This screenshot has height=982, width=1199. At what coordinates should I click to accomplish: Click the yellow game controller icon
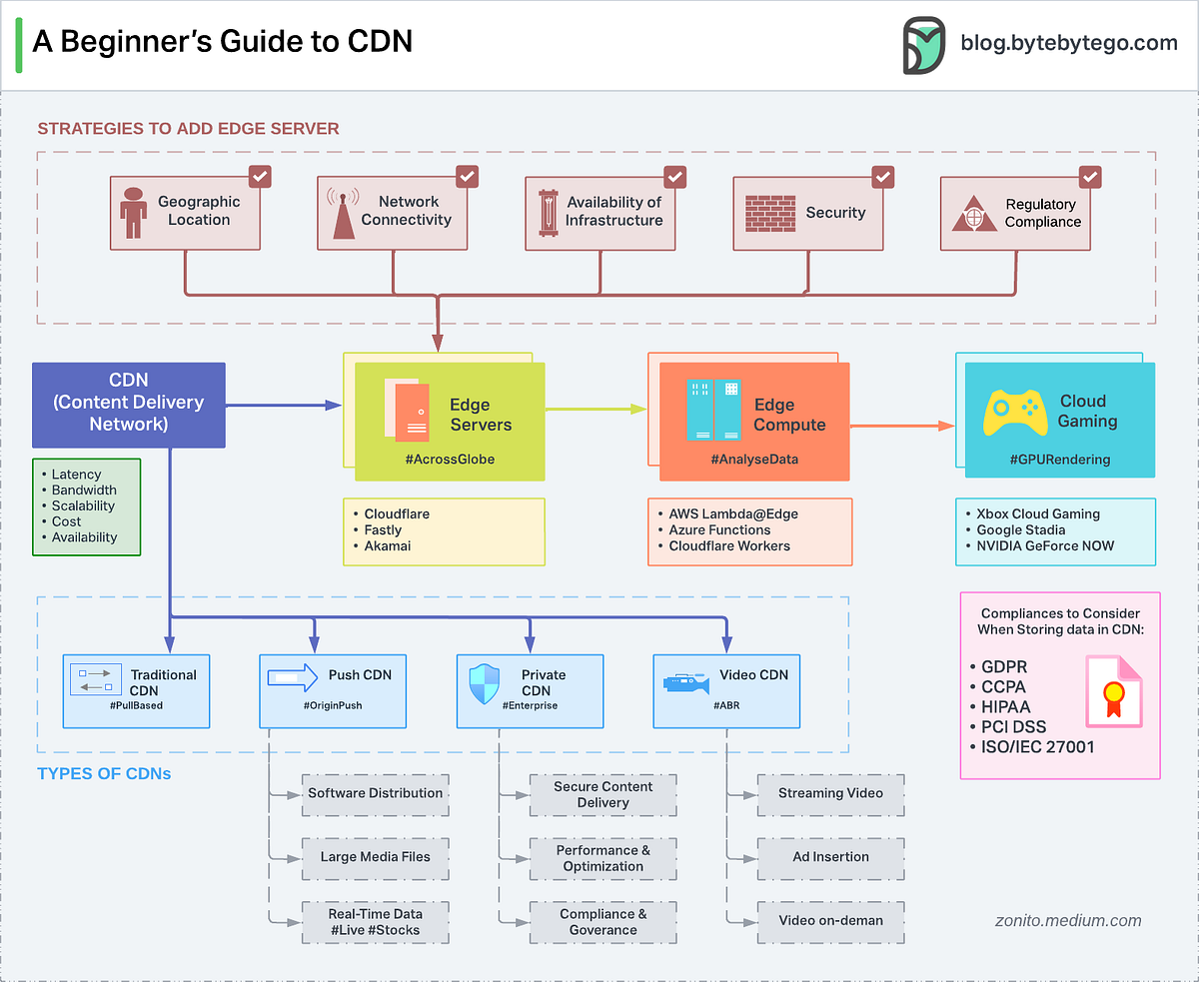pyautogui.click(x=1015, y=412)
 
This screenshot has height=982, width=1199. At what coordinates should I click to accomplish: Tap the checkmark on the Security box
pyautogui.click(x=882, y=177)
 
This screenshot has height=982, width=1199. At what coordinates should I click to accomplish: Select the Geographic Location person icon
pyautogui.click(x=133, y=213)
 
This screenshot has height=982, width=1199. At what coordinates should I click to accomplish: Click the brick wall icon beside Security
pyautogui.click(x=769, y=213)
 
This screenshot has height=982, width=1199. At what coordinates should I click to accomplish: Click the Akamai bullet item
pyautogui.click(x=388, y=546)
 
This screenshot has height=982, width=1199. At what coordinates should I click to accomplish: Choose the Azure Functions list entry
pyautogui.click(x=719, y=530)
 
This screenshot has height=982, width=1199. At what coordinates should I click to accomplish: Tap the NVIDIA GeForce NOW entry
pyautogui.click(x=1045, y=546)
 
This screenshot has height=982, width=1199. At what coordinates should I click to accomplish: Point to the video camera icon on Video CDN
pyautogui.click(x=686, y=683)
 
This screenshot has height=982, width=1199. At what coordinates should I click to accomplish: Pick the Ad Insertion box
pyautogui.click(x=829, y=857)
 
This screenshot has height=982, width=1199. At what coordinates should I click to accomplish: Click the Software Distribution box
pyautogui.click(x=375, y=793)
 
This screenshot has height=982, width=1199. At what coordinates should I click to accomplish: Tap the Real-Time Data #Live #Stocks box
pyautogui.click(x=375, y=921)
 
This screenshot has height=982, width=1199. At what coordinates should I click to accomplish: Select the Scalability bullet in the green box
pyautogui.click(x=83, y=505)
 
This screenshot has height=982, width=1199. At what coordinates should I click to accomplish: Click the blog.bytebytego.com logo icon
pyautogui.click(x=924, y=45)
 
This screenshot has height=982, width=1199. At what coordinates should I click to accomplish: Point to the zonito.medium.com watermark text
pyautogui.click(x=1068, y=921)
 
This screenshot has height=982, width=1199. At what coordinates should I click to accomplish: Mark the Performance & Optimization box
pyautogui.click(x=602, y=857)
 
